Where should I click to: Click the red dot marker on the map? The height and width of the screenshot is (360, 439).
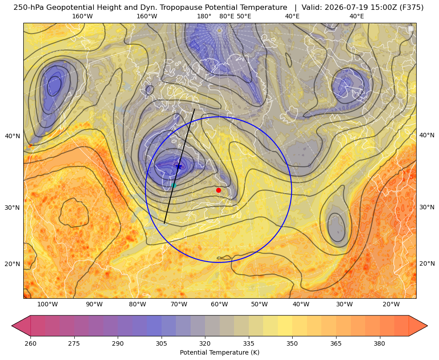(x=218, y=190)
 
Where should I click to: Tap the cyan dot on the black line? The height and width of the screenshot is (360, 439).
(x=174, y=185)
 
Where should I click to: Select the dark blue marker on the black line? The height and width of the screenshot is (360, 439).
(x=179, y=167)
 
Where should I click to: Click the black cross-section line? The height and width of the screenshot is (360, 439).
(x=179, y=166)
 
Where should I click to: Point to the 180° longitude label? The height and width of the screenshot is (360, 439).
(x=204, y=16)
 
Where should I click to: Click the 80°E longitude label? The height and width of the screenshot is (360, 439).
(x=226, y=16)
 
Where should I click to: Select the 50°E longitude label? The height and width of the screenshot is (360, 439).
(x=244, y=16)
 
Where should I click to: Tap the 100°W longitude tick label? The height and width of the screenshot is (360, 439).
(x=47, y=305)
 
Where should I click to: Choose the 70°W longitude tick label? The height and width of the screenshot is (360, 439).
(x=179, y=305)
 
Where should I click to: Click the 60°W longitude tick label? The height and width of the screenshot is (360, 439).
(x=219, y=305)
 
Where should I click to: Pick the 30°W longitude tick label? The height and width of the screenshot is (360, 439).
(x=344, y=305)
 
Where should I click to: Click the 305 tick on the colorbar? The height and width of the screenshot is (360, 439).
(x=161, y=343)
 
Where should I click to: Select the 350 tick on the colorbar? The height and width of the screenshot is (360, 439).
(x=292, y=343)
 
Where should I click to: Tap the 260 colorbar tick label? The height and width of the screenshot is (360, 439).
(x=30, y=343)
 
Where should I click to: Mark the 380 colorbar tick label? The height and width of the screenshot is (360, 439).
(x=379, y=343)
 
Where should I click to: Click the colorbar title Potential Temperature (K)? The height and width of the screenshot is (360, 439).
(x=219, y=352)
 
